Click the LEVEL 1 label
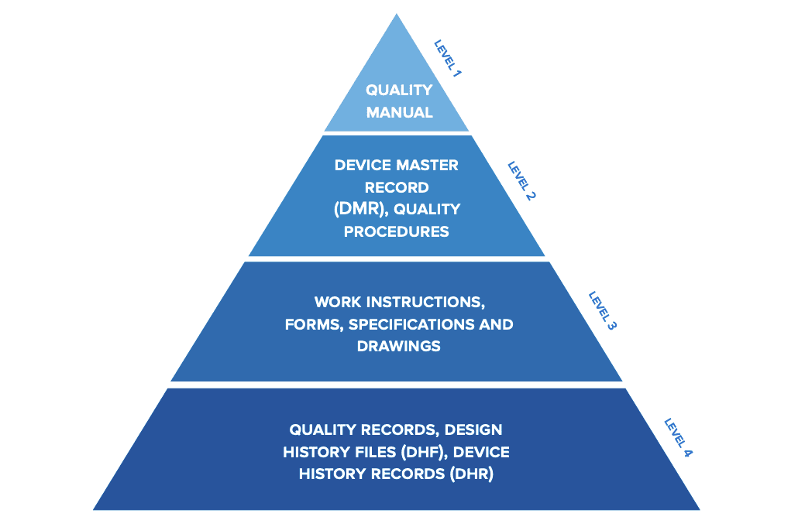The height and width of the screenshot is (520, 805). click(448, 59)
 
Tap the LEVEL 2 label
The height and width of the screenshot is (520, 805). click(521, 180)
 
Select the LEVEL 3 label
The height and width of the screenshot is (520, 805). click(602, 311)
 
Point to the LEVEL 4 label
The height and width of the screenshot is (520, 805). click(678, 437)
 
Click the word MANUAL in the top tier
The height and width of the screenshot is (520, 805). click(400, 112)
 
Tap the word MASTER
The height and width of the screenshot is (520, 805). click(427, 165)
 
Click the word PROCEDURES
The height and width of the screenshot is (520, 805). click(397, 232)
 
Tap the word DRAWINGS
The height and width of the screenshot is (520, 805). click(399, 346)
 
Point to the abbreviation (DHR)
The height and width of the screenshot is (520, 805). click(471, 474)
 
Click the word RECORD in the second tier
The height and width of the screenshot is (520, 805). click(397, 188)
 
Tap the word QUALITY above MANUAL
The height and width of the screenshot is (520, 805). click(400, 91)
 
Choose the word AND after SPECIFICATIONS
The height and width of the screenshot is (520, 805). click(496, 325)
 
